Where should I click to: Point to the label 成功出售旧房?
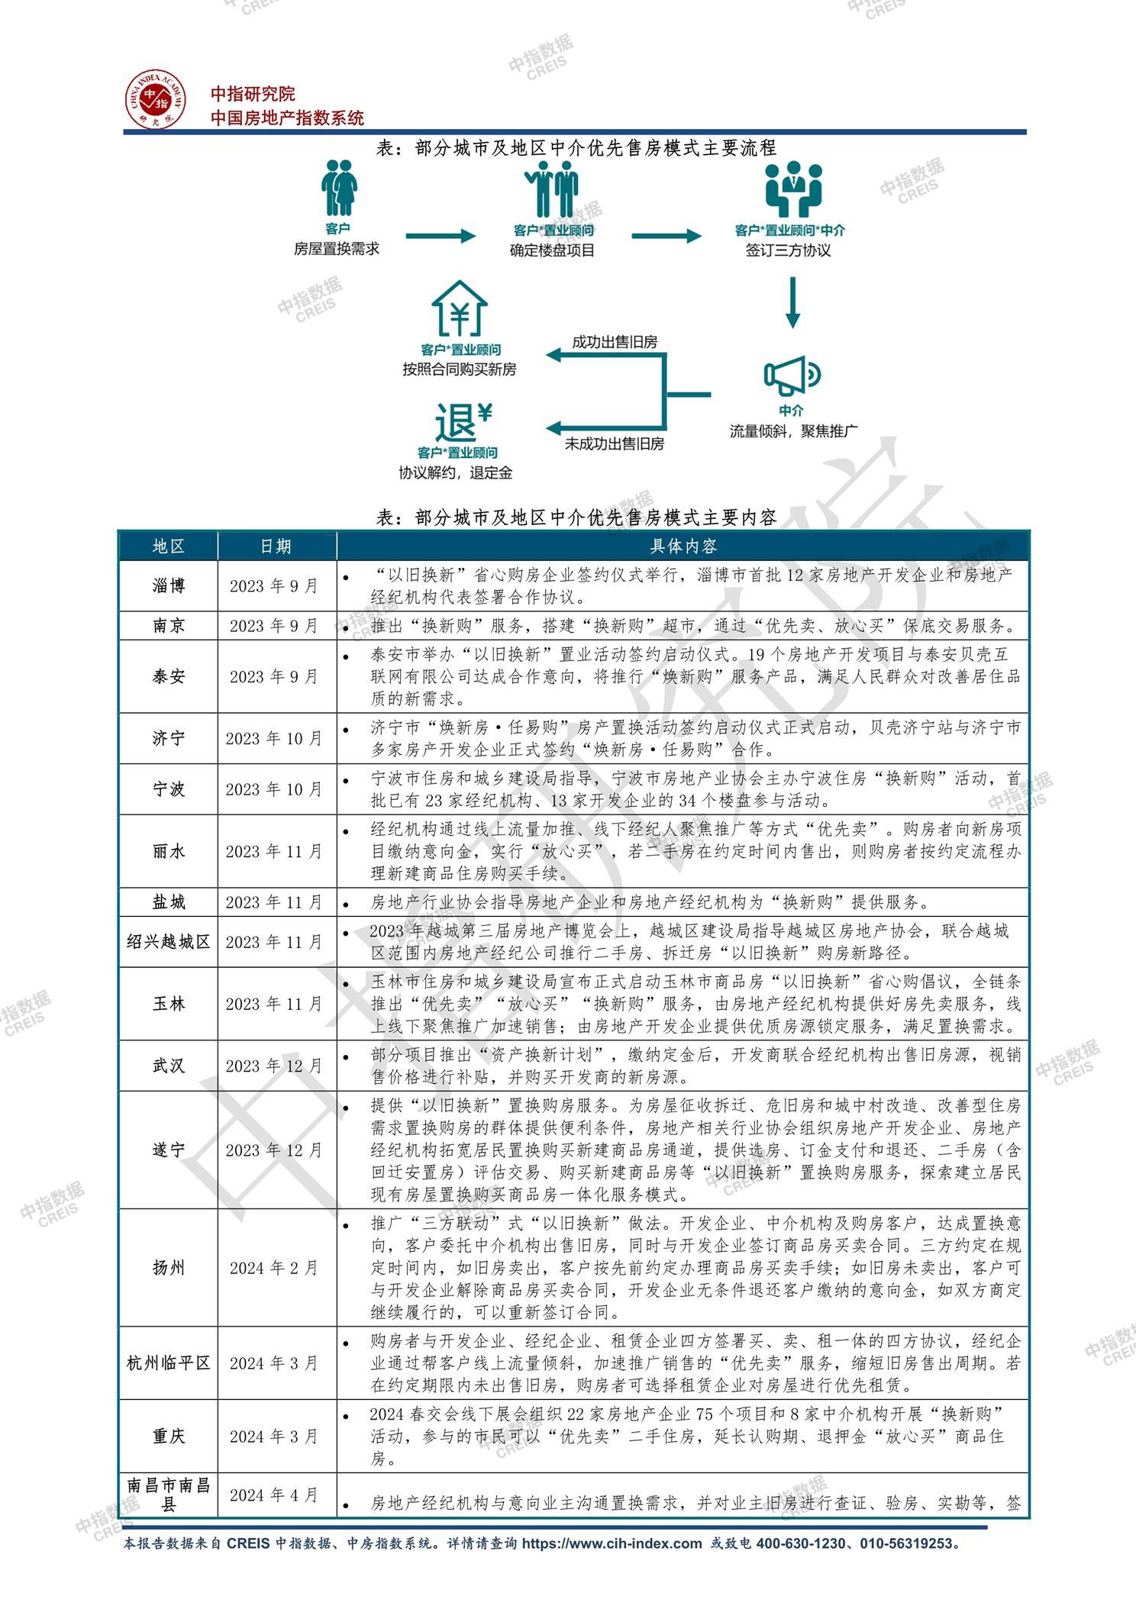pos(615,343)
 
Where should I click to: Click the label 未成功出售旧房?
pos(615,443)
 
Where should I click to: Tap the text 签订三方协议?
pos(789,250)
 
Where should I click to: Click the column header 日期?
pos(276,547)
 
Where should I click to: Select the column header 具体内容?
pos(683,547)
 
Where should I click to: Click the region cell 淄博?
pos(168,586)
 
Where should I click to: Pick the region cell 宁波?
pos(168,789)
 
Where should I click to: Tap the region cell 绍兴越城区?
pos(168,942)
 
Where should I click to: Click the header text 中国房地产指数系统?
pos(287,118)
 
